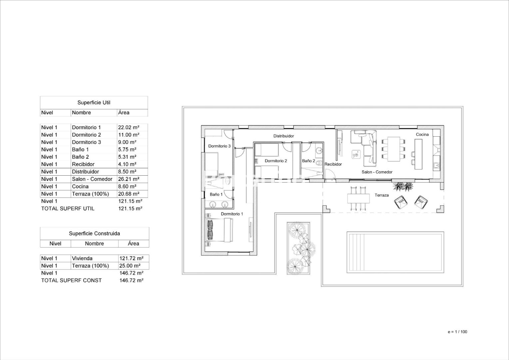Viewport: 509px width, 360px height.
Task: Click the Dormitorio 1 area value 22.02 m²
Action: click(129, 127)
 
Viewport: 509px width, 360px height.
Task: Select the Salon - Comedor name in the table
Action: click(92, 179)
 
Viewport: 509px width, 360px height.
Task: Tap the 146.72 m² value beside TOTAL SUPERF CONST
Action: click(131, 280)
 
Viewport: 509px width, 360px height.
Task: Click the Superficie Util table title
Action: click(94, 103)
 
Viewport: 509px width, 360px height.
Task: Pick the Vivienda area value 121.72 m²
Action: click(131, 258)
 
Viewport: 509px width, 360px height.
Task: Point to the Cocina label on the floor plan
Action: click(422, 134)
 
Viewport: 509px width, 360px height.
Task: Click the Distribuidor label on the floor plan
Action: click(283, 136)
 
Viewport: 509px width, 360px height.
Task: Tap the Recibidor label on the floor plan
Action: click(333, 164)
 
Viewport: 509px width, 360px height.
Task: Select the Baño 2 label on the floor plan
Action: click(308, 161)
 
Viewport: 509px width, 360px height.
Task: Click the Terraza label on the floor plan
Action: click(381, 195)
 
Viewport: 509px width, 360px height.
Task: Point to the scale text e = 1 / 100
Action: click(457, 332)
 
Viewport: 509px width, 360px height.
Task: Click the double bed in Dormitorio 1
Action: click(219, 230)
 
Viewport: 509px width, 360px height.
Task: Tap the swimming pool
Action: click(395, 252)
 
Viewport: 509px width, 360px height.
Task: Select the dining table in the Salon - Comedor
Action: click(394, 149)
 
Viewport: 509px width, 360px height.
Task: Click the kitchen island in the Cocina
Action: click(418, 154)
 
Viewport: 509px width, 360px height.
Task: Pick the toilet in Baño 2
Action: click(319, 163)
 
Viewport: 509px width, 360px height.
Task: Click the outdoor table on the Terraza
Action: click(358, 199)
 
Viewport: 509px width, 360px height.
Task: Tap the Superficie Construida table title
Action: click(94, 233)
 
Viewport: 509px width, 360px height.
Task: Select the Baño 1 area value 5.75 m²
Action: click(127, 149)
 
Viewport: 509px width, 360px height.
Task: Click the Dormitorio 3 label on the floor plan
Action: click(219, 146)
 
